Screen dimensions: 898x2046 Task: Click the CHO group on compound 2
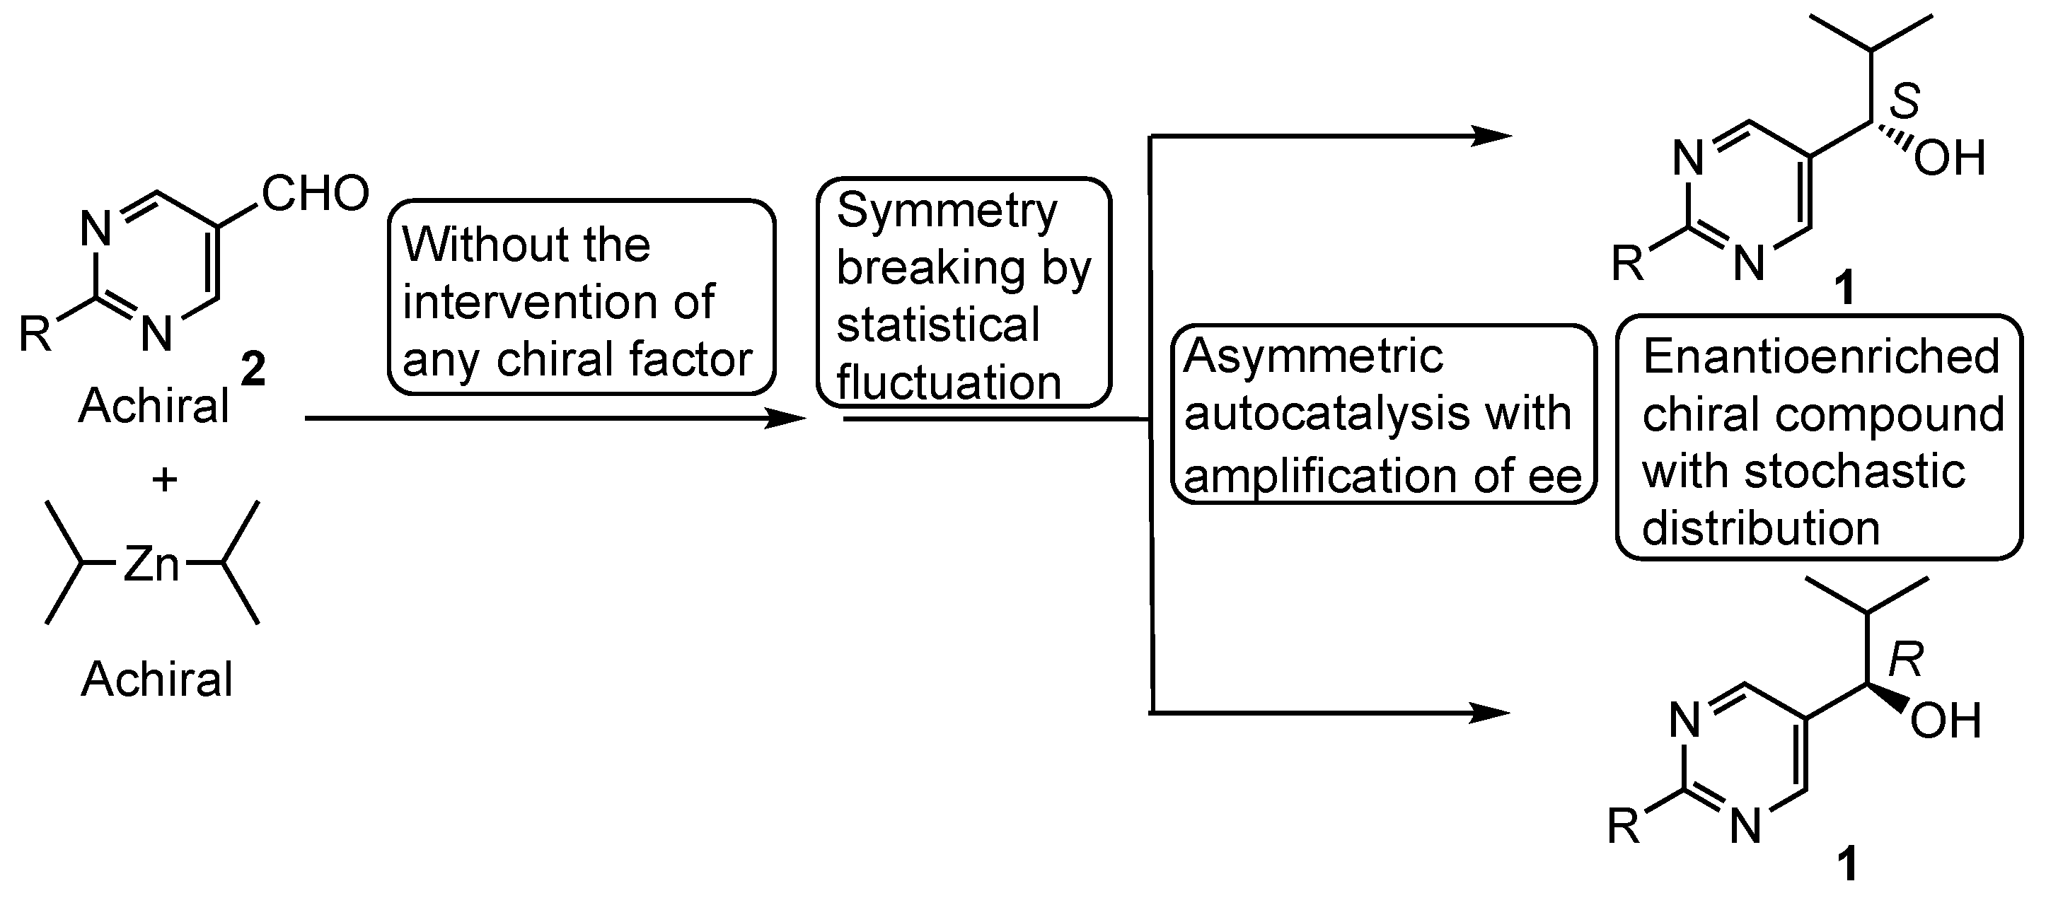pyautogui.click(x=316, y=193)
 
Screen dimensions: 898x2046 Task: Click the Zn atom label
pyautogui.click(x=151, y=564)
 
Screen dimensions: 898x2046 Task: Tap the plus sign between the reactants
pyautogui.click(x=164, y=479)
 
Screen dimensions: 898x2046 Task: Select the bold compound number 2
pyautogui.click(x=253, y=370)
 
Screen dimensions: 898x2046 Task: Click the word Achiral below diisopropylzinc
pyautogui.click(x=157, y=680)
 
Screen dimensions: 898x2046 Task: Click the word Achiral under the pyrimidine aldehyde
pyautogui.click(x=154, y=407)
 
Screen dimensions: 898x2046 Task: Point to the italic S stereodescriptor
pyautogui.click(x=1904, y=102)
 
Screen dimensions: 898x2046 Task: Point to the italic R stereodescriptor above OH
pyautogui.click(x=1905, y=660)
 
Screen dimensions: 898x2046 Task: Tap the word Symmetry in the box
pyautogui.click(x=947, y=211)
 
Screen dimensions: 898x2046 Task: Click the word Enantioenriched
pyautogui.click(x=1820, y=356)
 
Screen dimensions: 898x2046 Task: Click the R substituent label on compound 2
pyautogui.click(x=35, y=334)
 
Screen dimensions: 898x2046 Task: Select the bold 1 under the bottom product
pyautogui.click(x=1847, y=864)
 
